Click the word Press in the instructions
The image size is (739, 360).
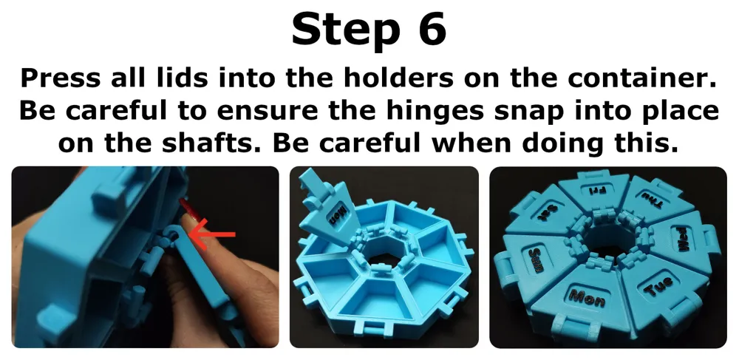[61, 78]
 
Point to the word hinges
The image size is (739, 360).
[437, 112]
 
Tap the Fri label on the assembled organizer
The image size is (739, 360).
[593, 191]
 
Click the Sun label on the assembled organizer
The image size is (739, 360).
[536, 259]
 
